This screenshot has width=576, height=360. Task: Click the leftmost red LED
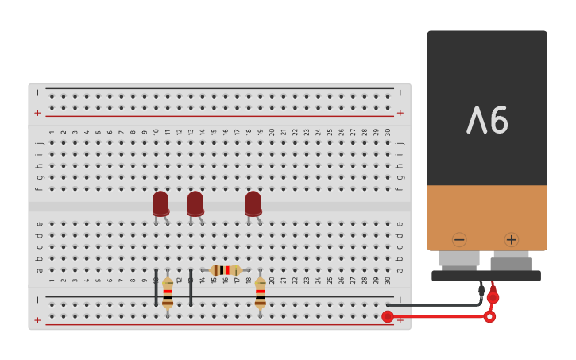[x=160, y=203]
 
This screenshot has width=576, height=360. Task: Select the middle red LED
[x=195, y=203]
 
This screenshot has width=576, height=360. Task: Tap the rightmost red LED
[x=253, y=203]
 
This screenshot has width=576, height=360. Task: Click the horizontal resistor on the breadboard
[x=226, y=270]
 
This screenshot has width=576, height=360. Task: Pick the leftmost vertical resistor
[x=168, y=293]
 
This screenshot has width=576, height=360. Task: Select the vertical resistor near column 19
[x=261, y=292]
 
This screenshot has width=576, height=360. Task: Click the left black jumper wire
[x=156, y=288]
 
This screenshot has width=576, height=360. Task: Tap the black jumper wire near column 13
[x=191, y=288]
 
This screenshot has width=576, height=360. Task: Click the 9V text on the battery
[x=487, y=121]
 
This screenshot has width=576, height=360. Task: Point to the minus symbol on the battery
[x=459, y=239]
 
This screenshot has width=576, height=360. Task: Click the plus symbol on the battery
[x=511, y=239]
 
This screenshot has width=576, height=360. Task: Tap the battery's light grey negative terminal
[x=459, y=258]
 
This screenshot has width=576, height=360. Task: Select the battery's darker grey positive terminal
[x=511, y=261]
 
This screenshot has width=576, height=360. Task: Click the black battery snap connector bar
[x=486, y=276]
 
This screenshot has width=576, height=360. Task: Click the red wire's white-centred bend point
[x=489, y=316]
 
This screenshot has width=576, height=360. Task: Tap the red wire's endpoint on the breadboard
[x=388, y=316]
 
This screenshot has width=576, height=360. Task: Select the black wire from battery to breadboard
[x=437, y=304]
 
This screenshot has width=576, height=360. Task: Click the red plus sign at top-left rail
[x=37, y=113]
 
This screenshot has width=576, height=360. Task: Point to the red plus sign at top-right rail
[x=400, y=113]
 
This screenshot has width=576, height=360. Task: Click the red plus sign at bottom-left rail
[x=37, y=320]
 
